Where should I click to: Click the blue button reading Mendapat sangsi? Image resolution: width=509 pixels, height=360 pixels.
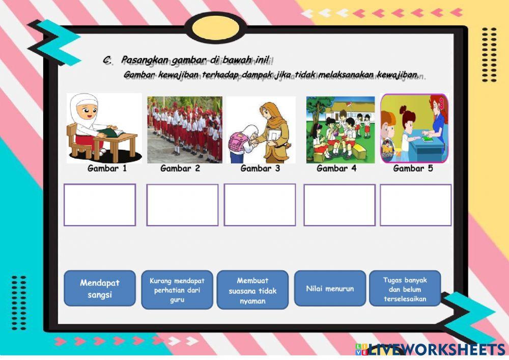point(100,288)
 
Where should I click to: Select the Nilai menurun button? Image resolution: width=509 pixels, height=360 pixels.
point(330,288)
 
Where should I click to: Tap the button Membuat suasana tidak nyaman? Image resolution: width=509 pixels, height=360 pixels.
point(252,290)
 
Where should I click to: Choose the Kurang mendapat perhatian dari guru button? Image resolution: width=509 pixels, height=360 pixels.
point(177,290)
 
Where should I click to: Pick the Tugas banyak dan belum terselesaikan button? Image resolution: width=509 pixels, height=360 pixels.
point(405,289)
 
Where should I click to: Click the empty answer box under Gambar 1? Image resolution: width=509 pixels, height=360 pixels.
point(100,205)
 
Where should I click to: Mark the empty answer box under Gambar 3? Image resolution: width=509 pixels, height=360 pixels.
point(260,205)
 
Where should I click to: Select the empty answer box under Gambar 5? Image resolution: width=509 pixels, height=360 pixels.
point(415,205)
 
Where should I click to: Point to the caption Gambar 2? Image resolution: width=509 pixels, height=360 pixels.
point(180,169)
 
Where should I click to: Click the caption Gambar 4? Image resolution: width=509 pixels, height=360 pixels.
point(336,169)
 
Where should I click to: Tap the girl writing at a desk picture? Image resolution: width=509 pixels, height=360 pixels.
point(104,128)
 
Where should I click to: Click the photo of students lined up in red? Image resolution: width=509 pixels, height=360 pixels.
point(185,129)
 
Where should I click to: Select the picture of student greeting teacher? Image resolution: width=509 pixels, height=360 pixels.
point(261,129)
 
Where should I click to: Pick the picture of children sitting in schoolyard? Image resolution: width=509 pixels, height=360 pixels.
point(340,129)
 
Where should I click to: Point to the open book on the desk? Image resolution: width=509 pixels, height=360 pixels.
point(113,132)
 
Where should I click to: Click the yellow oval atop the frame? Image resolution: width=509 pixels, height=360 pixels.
point(218,27)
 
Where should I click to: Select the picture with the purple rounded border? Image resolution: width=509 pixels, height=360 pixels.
point(414,128)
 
